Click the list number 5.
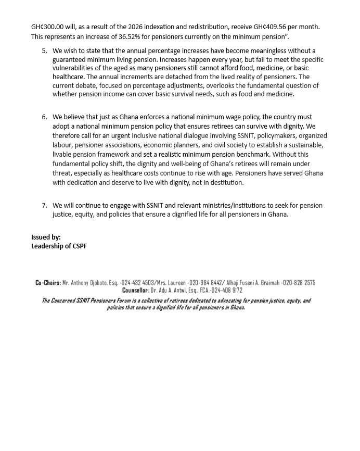point(44,51)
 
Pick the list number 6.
point(44,117)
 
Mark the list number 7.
point(44,205)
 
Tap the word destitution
point(225,182)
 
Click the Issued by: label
point(46,237)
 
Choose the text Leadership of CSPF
point(59,246)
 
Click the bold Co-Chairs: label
point(48,283)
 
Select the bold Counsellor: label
point(136,290)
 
